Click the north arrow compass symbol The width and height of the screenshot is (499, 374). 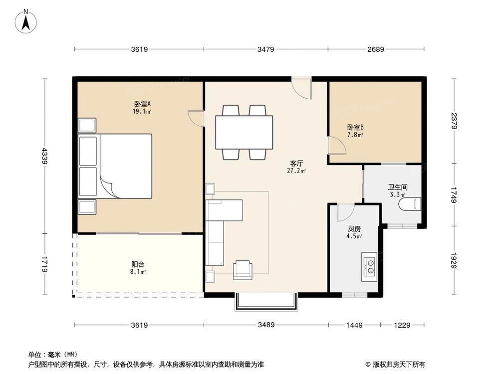point(26,21)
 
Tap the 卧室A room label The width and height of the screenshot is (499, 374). point(142,104)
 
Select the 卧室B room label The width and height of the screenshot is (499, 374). point(355,128)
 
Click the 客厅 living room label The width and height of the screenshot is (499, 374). point(296,164)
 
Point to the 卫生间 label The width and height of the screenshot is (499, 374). point(398,187)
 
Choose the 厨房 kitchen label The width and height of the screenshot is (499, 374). point(354,229)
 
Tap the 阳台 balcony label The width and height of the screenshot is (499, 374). point(138,264)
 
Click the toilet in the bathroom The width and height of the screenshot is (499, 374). point(410,204)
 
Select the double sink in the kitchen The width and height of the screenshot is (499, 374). point(369,266)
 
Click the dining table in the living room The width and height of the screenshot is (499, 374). point(244,132)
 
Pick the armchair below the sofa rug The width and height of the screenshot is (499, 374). point(243,270)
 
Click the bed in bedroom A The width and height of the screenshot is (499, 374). point(115,166)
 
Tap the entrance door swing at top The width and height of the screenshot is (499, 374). point(302,88)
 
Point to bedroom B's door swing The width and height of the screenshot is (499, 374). point(337,146)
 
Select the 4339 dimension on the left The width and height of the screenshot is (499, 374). point(44,156)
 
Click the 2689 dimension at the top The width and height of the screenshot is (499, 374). point(376,49)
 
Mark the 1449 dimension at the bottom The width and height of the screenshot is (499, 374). point(354,325)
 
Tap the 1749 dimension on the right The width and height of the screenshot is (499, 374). point(454,195)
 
